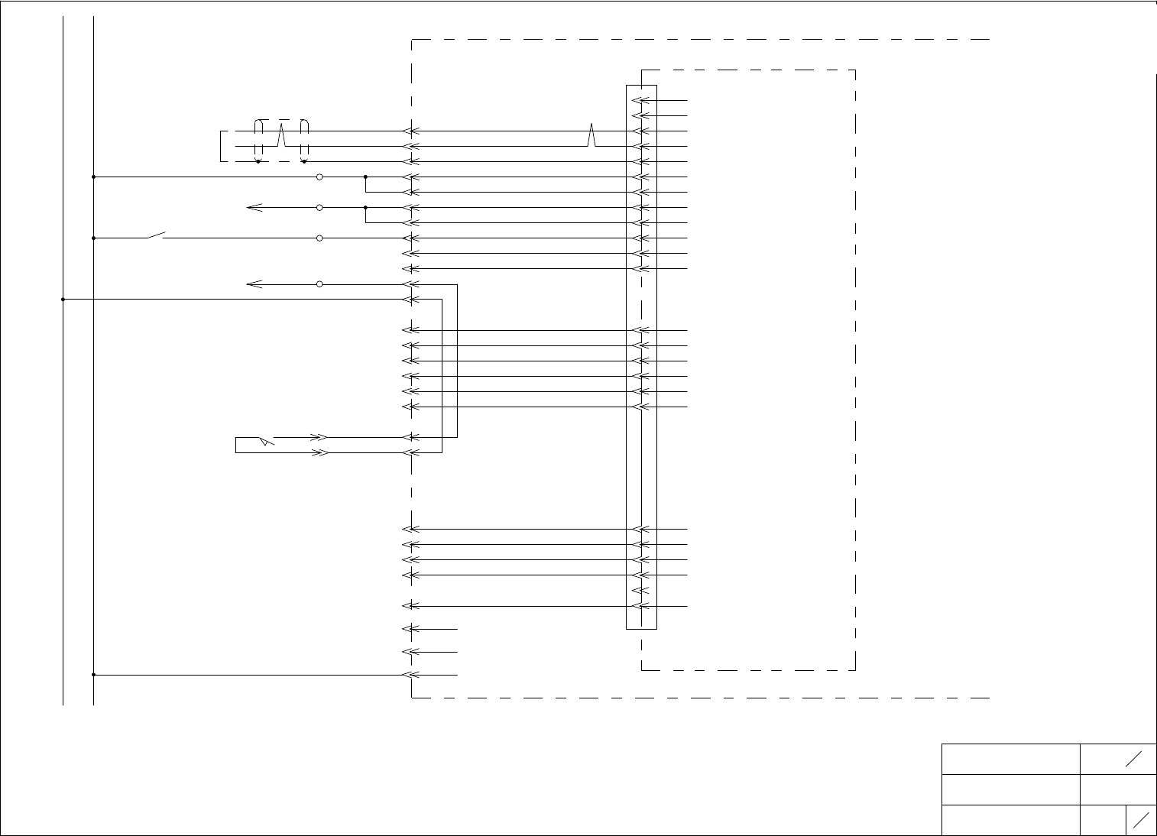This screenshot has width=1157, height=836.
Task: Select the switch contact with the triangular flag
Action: coord(264,440)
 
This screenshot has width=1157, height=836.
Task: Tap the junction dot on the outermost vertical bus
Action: coord(63,300)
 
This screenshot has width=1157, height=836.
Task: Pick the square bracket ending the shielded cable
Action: coord(223,146)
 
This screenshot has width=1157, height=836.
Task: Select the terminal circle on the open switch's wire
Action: coord(319,238)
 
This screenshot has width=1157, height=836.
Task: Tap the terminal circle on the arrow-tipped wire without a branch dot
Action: coord(319,284)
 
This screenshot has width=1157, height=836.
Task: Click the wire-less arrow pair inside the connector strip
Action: coord(641,591)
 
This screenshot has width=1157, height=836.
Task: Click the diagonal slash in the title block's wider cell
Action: coord(1134,758)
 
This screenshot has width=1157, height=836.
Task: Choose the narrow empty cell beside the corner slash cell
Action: coord(1103,820)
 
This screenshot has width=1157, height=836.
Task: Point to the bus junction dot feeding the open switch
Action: coord(93,238)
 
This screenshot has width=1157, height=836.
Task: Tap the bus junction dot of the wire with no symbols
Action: coord(93,675)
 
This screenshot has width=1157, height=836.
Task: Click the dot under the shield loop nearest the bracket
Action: coord(258,162)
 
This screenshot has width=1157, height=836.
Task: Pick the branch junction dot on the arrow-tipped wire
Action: coord(366,207)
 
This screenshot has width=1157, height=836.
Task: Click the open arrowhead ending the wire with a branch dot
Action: coord(254,207)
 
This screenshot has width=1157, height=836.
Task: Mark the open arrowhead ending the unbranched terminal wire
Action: coord(254,284)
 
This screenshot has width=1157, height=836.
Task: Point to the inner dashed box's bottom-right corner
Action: coord(854,670)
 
